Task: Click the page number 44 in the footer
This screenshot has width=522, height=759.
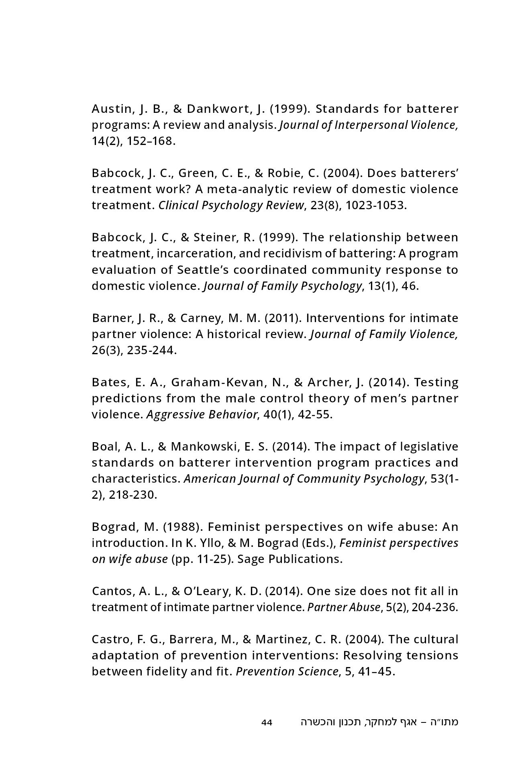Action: (267, 722)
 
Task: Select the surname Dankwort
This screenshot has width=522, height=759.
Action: (219, 109)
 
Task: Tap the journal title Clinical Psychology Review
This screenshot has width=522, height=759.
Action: (231, 205)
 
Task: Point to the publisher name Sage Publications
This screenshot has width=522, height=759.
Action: (290, 559)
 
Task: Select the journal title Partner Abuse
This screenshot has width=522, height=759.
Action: (343, 607)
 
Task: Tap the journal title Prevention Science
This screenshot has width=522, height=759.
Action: (287, 671)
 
